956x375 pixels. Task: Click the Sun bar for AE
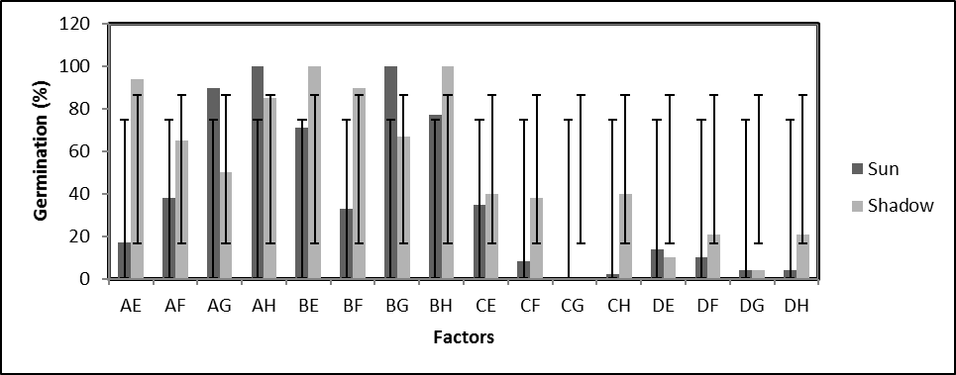124,260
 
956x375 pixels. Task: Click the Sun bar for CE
479,241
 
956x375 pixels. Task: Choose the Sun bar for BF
347,243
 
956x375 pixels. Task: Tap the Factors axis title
464,338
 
